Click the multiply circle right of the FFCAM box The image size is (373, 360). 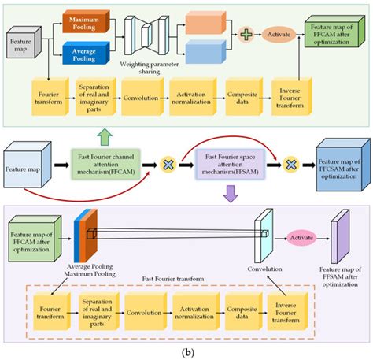click(x=167, y=165)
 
